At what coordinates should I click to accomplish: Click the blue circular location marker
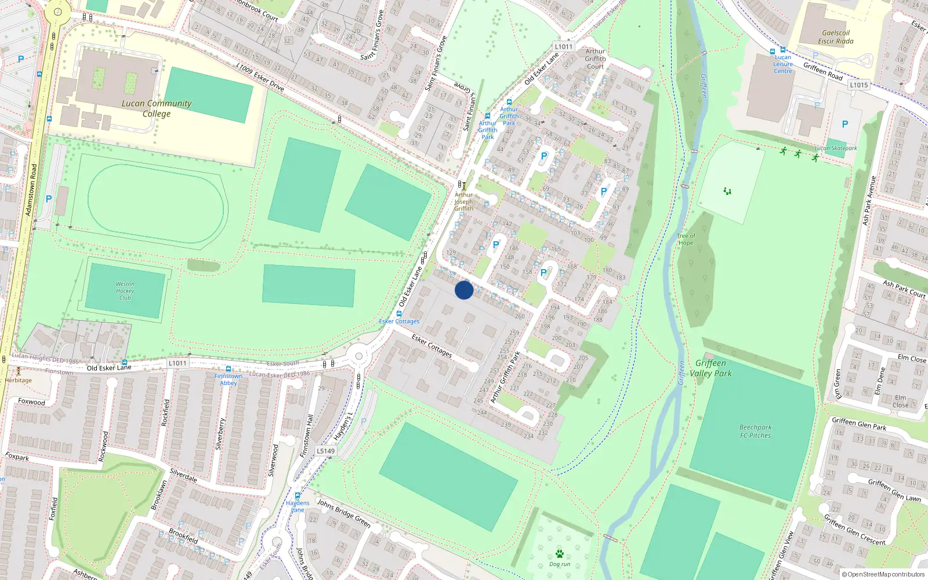[464, 290]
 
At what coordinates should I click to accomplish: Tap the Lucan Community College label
[157, 108]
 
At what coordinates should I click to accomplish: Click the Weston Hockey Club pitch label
[125, 291]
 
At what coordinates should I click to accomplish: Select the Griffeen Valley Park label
[710, 368]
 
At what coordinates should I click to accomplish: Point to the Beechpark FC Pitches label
[755, 432]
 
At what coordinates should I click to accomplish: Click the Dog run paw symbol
[559, 554]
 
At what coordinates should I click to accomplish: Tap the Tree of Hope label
[686, 240]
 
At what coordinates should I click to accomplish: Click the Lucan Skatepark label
[835, 148]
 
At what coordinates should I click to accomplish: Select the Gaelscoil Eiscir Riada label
[836, 37]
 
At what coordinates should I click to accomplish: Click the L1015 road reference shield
[859, 85]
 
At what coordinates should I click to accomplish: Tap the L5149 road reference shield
[325, 451]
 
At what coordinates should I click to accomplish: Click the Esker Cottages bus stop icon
[399, 314]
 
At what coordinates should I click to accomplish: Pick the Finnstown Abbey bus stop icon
[229, 369]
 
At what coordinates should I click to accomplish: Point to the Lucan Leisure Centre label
[782, 64]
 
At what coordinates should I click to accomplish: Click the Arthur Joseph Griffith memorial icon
[463, 186]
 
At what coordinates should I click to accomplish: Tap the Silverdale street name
[183, 476]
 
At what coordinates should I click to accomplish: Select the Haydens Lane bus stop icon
[298, 496]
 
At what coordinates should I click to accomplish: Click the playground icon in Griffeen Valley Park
[727, 191]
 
